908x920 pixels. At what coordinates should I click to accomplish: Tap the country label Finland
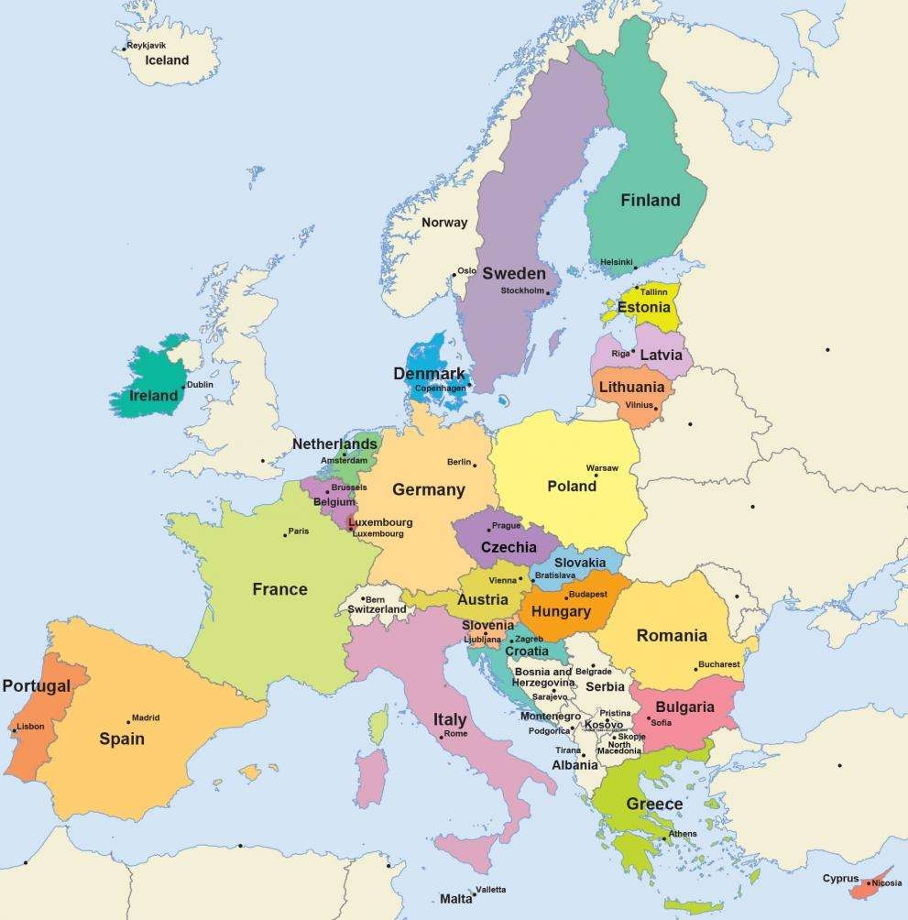(651, 200)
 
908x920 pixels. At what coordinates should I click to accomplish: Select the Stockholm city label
(522, 290)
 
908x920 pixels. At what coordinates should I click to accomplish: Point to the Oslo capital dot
(454, 272)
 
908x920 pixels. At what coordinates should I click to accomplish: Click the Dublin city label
(200, 385)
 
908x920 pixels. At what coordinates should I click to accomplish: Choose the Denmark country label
(429, 374)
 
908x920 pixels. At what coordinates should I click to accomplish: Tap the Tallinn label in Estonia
(653, 292)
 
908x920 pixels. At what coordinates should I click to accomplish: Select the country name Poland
(572, 486)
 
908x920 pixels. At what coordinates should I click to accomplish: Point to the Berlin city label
(459, 462)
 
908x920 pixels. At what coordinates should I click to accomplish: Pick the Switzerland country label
(377, 609)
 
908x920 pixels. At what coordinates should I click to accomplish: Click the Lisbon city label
(30, 727)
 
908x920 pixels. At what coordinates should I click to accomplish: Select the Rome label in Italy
(455, 733)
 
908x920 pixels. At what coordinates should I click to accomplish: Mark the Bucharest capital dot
(695, 669)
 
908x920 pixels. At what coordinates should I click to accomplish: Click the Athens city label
(683, 834)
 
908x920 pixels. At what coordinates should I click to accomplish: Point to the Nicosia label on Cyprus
(887, 882)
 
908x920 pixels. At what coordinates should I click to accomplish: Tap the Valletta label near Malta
(490, 890)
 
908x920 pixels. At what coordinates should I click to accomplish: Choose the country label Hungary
(561, 611)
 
